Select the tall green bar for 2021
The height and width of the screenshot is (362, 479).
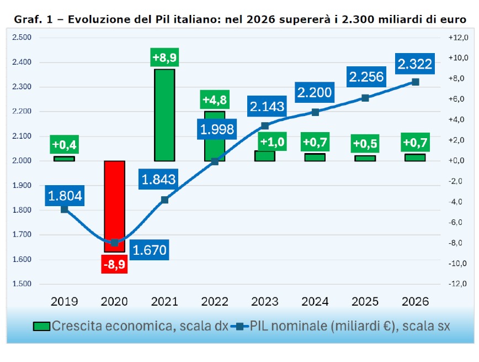pyautogui.click(x=164, y=115)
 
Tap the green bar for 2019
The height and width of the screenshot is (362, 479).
pyautogui.click(x=64, y=159)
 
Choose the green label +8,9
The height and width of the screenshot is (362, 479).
pyautogui.click(x=164, y=57)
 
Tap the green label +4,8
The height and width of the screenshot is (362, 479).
pyautogui.click(x=215, y=100)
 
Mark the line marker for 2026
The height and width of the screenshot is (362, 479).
pyautogui.click(x=415, y=82)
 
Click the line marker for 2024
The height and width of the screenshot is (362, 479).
pyautogui.click(x=315, y=112)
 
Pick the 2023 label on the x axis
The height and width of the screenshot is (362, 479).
pyautogui.click(x=265, y=301)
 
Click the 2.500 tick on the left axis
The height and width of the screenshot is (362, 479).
pyautogui.click(x=22, y=38)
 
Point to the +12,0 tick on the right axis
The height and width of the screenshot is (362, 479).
pyautogui.click(x=458, y=38)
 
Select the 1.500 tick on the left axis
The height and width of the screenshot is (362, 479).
pyautogui.click(x=22, y=284)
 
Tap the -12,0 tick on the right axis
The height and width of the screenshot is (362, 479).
pyautogui.click(x=458, y=284)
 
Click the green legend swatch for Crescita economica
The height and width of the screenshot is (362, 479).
pyautogui.click(x=41, y=326)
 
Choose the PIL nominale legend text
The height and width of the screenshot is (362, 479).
pyautogui.click(x=349, y=326)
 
